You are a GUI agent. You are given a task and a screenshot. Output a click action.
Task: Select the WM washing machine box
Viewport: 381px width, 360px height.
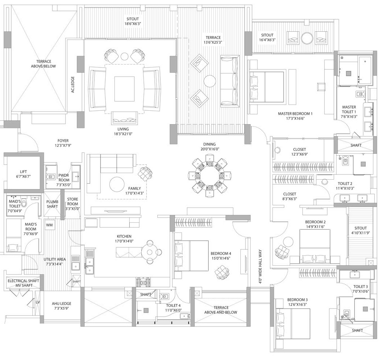49,225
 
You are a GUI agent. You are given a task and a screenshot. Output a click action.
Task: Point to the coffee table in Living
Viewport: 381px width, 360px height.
125,89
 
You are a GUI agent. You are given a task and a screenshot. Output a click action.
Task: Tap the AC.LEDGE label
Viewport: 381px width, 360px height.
72,85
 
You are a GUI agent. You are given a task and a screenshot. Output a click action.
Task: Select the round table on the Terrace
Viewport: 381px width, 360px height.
210,81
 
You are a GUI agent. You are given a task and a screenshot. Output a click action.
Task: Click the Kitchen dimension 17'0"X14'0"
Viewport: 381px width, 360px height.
124,241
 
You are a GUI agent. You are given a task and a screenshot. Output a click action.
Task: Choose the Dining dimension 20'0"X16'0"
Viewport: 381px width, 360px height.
210,149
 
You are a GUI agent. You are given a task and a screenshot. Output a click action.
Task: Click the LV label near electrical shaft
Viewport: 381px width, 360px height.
38,302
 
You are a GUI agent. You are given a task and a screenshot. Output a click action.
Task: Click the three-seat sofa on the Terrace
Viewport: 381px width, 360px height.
230,81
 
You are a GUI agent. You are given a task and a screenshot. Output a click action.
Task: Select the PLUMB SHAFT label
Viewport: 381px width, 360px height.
52,204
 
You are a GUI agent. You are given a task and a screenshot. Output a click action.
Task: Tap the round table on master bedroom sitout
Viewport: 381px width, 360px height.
308,38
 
